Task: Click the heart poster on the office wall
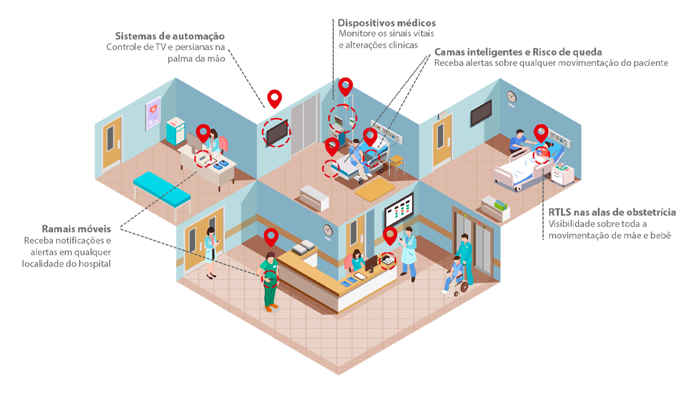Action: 153,113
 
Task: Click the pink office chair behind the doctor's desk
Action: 223,144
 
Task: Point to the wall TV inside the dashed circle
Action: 277,132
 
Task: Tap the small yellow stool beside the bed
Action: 396,162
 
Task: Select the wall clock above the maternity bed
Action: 512,97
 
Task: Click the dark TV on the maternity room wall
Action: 481,113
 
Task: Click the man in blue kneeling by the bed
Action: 518,143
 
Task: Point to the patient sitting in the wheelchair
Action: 455,271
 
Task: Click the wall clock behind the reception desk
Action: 327,230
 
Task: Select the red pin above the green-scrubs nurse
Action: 271,236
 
